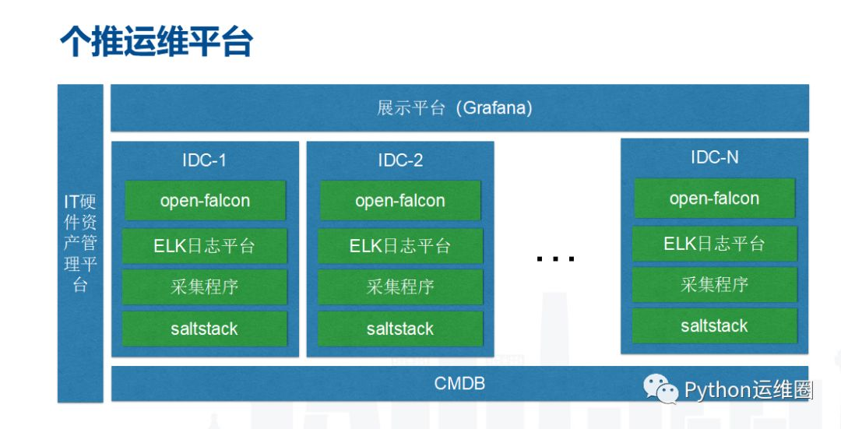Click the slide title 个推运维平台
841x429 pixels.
(157, 42)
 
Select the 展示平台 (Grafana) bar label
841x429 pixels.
(455, 107)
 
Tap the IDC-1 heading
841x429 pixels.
(204, 160)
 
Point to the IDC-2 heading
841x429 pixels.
(400, 160)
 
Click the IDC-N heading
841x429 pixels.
(714, 157)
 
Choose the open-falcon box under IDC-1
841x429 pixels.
(205, 201)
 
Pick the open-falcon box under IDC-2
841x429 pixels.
(400, 201)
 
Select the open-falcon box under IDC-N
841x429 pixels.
(714, 199)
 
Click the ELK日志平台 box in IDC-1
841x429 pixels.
(205, 246)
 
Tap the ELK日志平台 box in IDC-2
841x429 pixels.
(400, 246)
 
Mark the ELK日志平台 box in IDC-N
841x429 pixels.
(714, 244)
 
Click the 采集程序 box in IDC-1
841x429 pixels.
(205, 287)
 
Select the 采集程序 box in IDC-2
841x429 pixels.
(400, 287)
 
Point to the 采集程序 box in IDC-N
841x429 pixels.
(714, 285)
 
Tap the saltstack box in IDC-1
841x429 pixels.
(205, 329)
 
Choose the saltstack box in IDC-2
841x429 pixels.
(400, 329)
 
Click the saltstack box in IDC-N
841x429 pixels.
(714, 325)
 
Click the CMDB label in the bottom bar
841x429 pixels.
(459, 383)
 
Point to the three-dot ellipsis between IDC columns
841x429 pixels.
(555, 258)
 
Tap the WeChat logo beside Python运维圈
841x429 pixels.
(660, 389)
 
